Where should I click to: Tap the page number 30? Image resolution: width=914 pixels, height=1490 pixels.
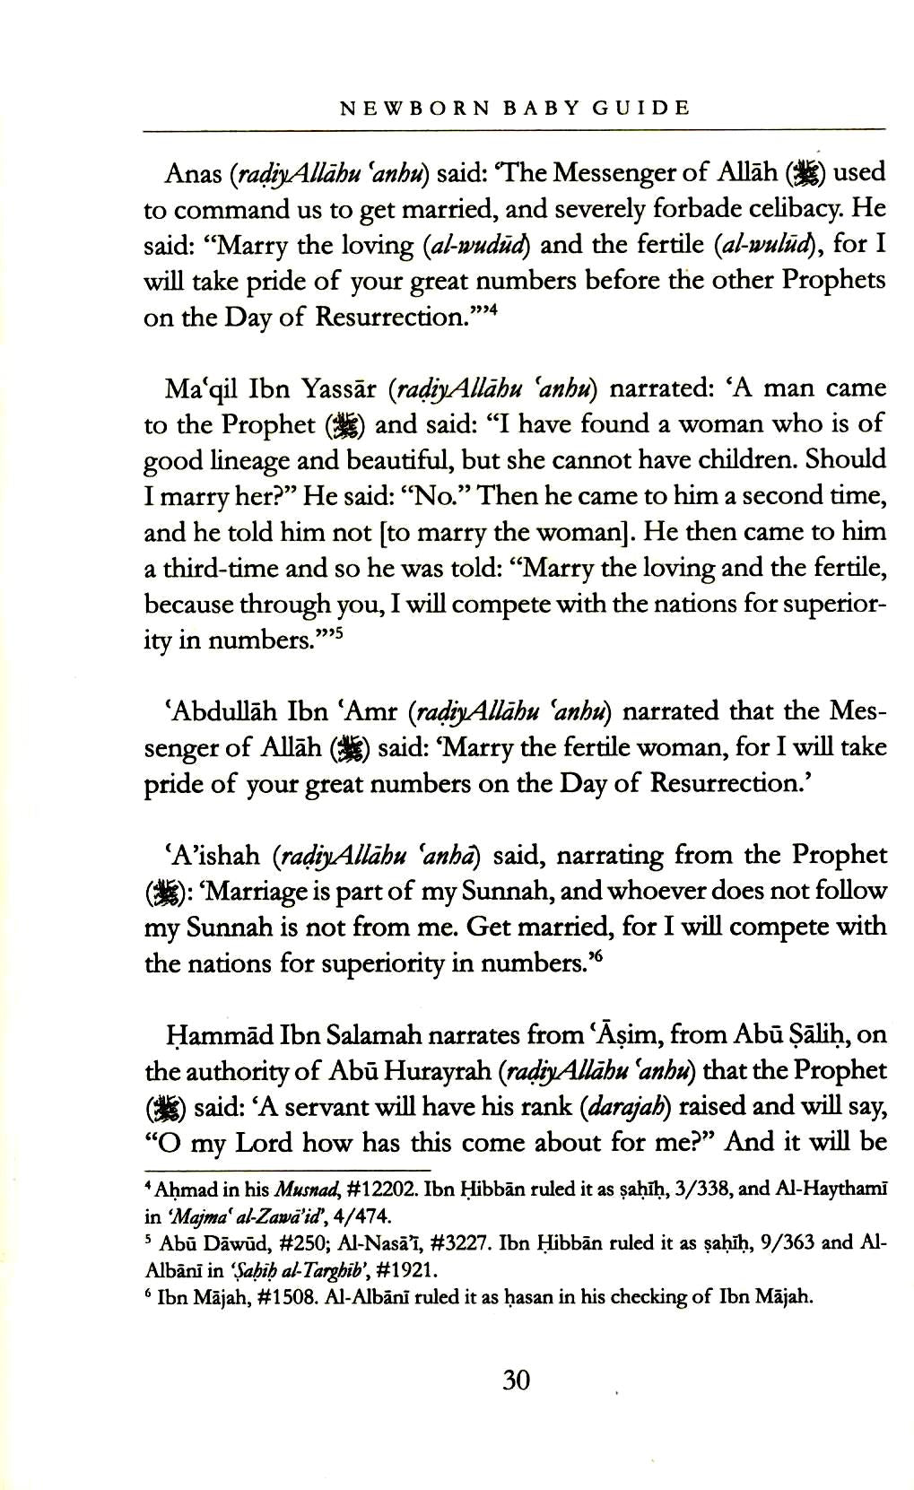click(516, 1379)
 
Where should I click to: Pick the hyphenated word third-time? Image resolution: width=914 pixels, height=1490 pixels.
click(211, 569)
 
